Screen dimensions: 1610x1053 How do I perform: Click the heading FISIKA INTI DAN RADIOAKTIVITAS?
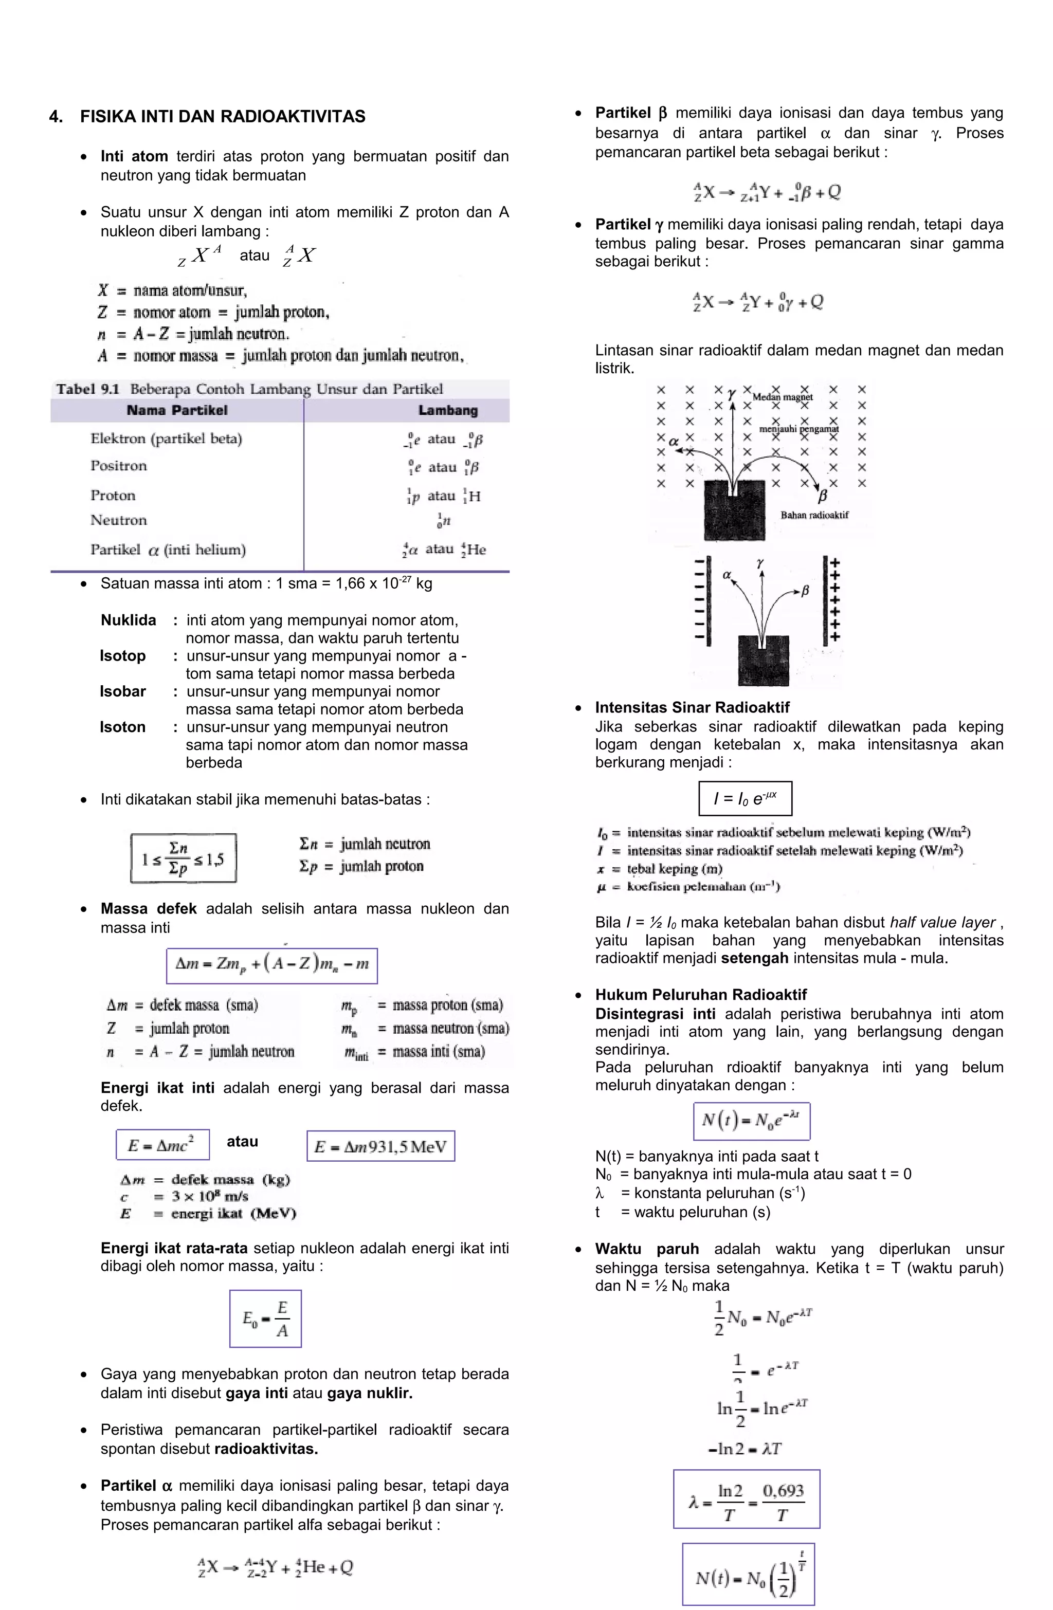[223, 116]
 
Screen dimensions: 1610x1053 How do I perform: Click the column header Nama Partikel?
[177, 411]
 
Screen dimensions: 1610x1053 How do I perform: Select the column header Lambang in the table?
[447, 411]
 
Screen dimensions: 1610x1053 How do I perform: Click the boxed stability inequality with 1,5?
[184, 858]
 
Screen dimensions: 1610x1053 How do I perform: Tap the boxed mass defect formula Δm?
[272, 965]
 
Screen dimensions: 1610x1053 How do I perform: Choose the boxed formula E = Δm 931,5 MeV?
[380, 1146]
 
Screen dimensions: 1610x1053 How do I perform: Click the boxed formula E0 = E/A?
[265, 1319]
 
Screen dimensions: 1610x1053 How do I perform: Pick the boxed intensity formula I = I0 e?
[745, 799]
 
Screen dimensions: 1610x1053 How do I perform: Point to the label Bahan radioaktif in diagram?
[814, 515]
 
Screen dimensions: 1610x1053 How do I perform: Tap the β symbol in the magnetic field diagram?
[823, 497]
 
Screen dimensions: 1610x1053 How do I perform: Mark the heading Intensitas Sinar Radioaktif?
[692, 708]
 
